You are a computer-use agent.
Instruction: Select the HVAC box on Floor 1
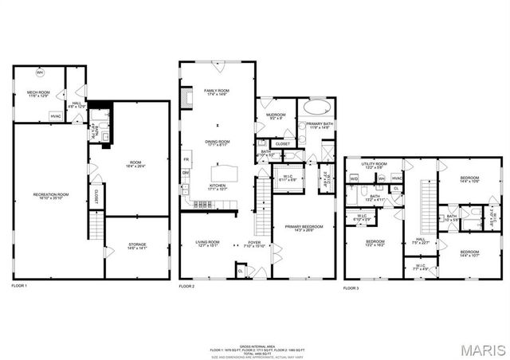tap(56, 116)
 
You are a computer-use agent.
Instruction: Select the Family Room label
tap(217, 92)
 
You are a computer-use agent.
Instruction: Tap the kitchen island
tap(226, 174)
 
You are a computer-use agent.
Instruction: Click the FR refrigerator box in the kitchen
tap(186, 158)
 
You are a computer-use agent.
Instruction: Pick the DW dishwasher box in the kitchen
tap(186, 173)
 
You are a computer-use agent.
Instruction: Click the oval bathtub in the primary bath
tap(316, 105)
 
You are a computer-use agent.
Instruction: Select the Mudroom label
tap(277, 116)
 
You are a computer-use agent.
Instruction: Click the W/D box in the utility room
tap(354, 178)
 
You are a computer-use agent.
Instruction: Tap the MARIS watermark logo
tap(481, 349)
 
